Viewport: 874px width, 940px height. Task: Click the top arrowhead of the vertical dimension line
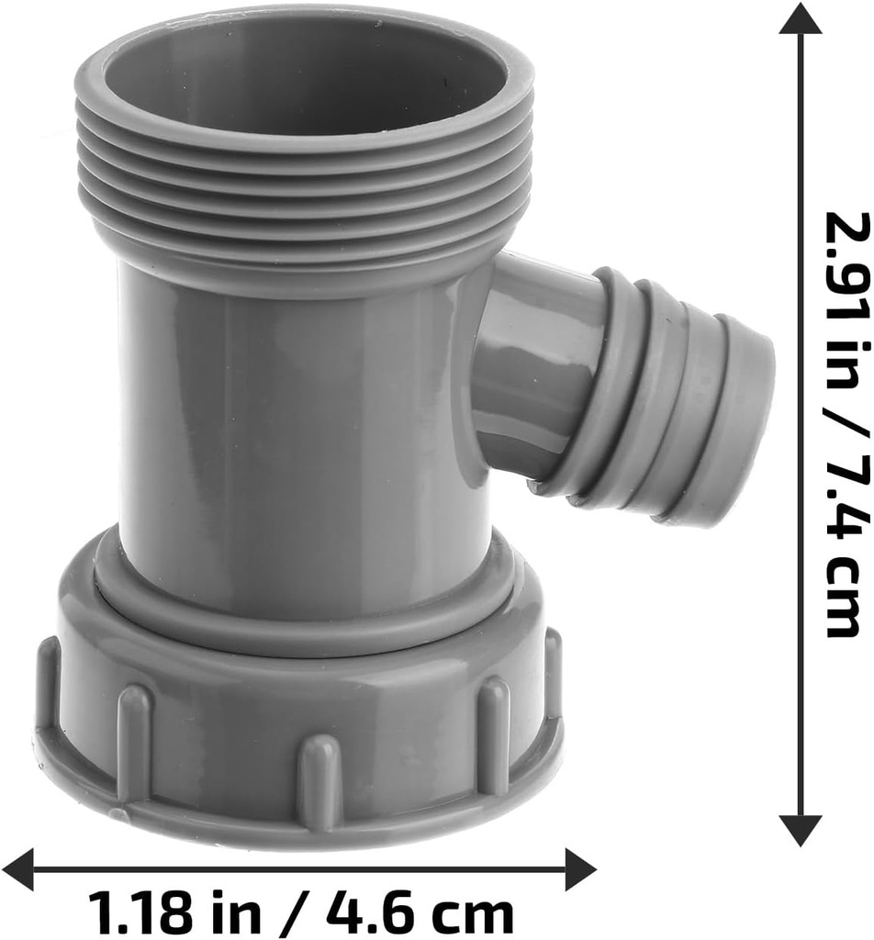800,19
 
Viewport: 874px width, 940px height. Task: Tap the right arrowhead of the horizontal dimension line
579,868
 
